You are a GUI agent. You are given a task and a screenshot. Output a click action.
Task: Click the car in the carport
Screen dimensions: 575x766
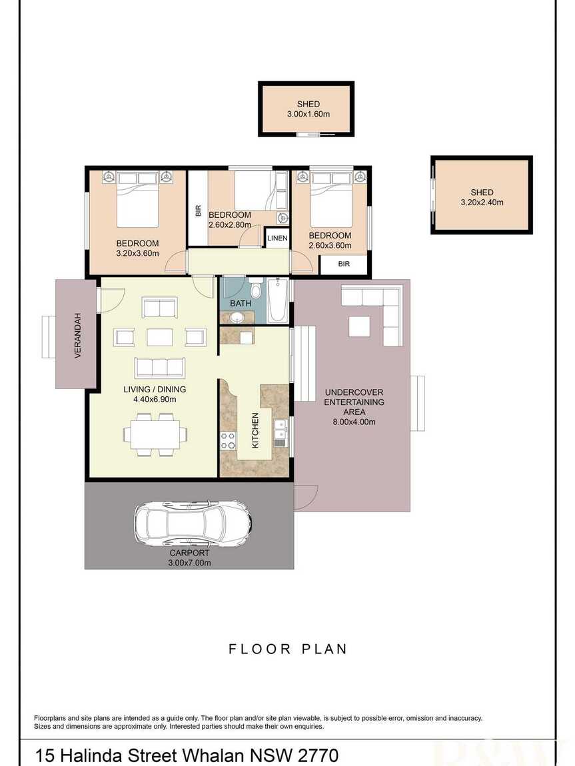[193, 524]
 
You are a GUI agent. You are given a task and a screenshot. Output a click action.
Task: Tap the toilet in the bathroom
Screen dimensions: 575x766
[255, 288]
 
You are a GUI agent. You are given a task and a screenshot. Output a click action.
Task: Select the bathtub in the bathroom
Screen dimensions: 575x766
[277, 300]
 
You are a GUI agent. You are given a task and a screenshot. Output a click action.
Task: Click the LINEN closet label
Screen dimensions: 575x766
[277, 238]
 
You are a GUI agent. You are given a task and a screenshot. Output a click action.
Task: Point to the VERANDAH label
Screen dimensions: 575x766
[77, 336]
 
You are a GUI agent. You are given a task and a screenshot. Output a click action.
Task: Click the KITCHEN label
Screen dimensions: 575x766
[255, 430]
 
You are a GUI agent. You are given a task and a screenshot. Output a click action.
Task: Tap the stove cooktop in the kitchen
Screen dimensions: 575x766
[228, 441]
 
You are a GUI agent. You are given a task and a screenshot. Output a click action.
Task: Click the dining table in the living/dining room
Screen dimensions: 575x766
[155, 435]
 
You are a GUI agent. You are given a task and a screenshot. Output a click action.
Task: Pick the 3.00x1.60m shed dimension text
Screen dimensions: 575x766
[308, 115]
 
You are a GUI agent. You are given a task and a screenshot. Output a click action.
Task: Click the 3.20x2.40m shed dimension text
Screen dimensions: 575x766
[482, 202]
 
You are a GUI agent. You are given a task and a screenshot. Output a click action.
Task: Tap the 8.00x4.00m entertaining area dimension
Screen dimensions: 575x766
[354, 422]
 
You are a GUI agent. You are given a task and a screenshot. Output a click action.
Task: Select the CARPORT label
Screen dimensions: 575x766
[189, 553]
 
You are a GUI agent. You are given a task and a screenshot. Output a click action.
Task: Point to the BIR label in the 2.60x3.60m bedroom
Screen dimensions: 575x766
[344, 264]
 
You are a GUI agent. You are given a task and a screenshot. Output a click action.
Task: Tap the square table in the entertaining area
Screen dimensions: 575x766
[359, 327]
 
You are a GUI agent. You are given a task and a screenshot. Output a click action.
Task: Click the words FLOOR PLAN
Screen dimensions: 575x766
[288, 649]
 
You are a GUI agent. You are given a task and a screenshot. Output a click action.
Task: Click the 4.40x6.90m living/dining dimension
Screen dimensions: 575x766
[155, 399]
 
